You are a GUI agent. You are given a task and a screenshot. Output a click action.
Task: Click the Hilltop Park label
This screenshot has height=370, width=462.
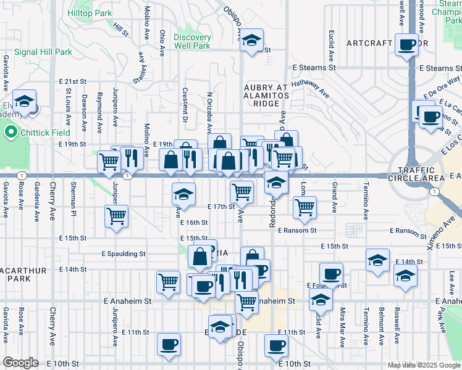point(90,12)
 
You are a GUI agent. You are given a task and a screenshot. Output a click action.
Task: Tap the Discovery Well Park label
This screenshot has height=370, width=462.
point(192,41)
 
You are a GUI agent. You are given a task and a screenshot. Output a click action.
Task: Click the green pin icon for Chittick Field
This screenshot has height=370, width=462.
point(10,132)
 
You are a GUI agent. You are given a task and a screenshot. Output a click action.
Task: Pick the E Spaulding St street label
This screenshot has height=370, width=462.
point(124,253)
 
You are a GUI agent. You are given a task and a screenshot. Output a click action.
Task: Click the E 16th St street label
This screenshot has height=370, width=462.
point(195,222)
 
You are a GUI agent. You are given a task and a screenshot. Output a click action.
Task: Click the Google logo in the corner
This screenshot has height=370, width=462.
point(20,363)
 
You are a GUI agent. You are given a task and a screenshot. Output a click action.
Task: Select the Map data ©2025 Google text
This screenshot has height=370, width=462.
point(424,365)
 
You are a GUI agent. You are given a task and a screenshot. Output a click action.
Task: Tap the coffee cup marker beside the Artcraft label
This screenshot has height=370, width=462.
point(407,45)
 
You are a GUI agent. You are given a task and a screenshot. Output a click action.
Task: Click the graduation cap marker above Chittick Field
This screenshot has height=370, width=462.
point(25,102)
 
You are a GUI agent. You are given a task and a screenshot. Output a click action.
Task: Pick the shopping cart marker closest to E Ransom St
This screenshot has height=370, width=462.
point(305,208)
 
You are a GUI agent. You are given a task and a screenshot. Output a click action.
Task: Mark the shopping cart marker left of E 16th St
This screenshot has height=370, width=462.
point(117,216)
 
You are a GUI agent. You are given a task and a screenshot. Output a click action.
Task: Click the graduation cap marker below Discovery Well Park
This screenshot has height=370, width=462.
point(183,195)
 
